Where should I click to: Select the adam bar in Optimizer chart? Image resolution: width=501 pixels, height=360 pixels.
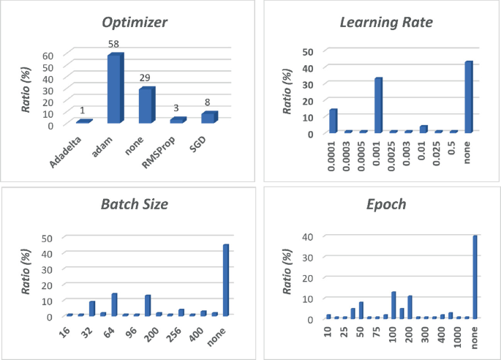tap(115, 89)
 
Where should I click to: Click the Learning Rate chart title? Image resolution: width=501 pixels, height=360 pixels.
tap(386, 22)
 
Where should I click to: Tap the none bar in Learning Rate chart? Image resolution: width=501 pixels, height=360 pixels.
tap(468, 97)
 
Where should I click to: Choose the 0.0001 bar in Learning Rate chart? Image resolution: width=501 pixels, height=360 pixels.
tap(334, 121)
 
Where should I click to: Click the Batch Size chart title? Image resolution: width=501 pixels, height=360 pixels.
tap(134, 204)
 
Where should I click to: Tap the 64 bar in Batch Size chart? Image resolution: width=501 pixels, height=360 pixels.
tap(114, 304)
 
